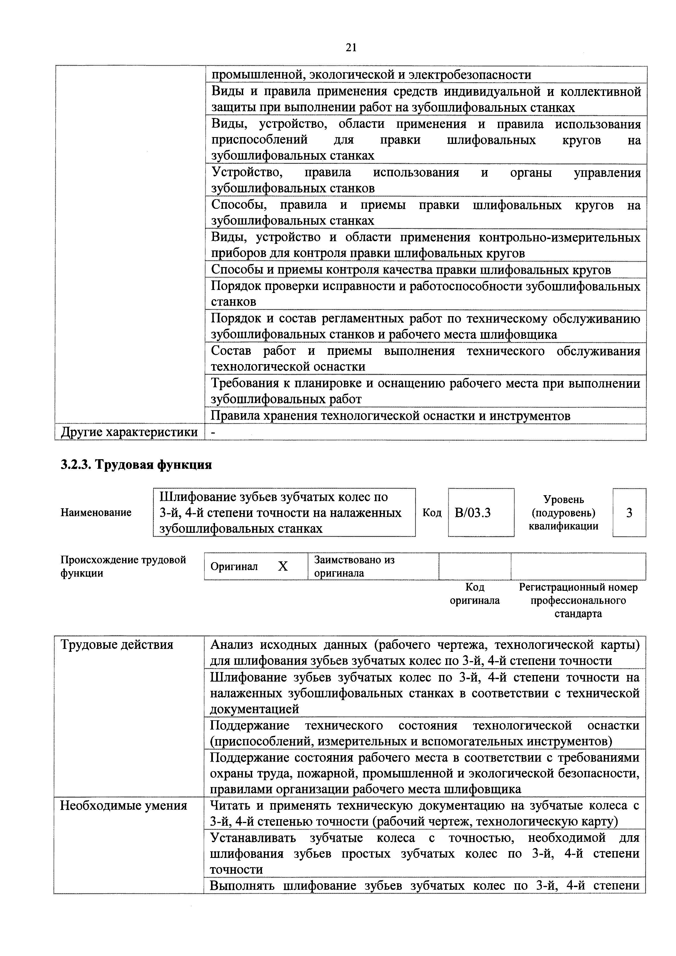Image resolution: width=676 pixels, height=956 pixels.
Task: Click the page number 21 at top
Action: point(351,48)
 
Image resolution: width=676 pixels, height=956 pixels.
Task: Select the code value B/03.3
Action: point(472,513)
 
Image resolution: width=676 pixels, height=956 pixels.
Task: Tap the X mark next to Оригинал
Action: point(283,566)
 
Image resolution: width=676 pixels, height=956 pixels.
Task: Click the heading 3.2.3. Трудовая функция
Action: point(136,464)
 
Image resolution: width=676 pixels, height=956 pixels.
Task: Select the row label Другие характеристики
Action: point(129,432)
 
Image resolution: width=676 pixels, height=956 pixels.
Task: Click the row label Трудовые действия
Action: point(117,645)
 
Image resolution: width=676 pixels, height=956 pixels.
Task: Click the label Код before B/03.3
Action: point(432,513)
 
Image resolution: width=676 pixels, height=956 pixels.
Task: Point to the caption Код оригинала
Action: point(475,594)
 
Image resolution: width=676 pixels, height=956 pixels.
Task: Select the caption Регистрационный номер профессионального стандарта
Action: point(578,600)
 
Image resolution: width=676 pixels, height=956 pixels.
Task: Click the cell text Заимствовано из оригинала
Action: point(354,566)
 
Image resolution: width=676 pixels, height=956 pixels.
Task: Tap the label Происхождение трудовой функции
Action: point(123,566)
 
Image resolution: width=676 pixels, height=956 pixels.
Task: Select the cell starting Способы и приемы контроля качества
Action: point(411,270)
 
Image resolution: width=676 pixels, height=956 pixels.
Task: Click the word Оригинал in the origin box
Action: point(234,567)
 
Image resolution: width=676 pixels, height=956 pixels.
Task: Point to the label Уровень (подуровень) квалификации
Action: point(563,513)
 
